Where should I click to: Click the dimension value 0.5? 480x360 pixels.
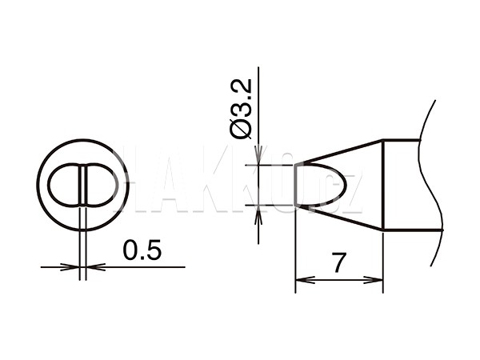pos(142,250)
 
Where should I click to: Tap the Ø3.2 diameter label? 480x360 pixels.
pos(241,109)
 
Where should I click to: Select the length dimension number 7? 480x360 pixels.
pos(339,262)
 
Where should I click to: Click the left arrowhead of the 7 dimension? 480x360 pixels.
pos(306,279)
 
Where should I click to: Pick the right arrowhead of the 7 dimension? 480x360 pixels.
pos(373,279)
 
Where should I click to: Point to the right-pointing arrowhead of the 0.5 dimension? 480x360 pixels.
pos(70,267)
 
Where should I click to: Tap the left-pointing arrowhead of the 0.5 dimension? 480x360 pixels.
pos(96,267)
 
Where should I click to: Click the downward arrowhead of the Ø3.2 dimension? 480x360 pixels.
pos(258,154)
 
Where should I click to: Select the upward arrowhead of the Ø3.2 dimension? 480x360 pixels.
pos(258,215)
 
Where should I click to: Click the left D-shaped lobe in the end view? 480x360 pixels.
pos(65,185)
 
